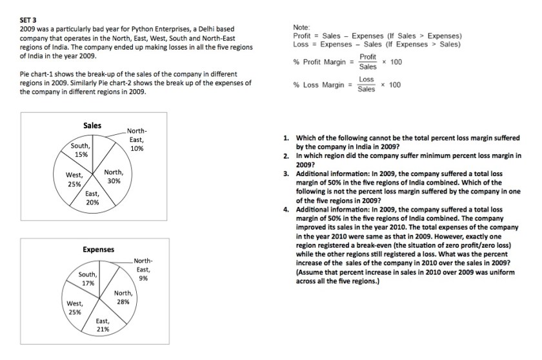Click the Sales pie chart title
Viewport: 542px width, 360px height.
click(x=92, y=125)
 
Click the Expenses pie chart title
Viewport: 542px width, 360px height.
click(x=98, y=249)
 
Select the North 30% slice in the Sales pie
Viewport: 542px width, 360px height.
click(x=114, y=176)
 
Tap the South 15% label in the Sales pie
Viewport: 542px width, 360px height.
click(x=81, y=150)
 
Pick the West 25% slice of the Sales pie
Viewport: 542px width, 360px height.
click(x=74, y=179)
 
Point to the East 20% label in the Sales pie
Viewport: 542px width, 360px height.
click(x=93, y=197)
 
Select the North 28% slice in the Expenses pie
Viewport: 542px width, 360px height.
click(x=123, y=297)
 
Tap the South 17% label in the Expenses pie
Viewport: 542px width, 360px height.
click(x=88, y=278)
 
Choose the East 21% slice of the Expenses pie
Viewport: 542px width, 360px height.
click(x=102, y=325)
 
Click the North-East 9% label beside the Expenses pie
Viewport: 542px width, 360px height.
click(x=143, y=269)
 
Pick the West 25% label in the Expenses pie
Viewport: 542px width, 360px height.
click(x=75, y=308)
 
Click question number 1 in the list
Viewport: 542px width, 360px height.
click(x=286, y=138)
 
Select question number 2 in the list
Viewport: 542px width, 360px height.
click(x=286, y=156)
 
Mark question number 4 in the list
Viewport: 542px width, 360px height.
click(x=286, y=210)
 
